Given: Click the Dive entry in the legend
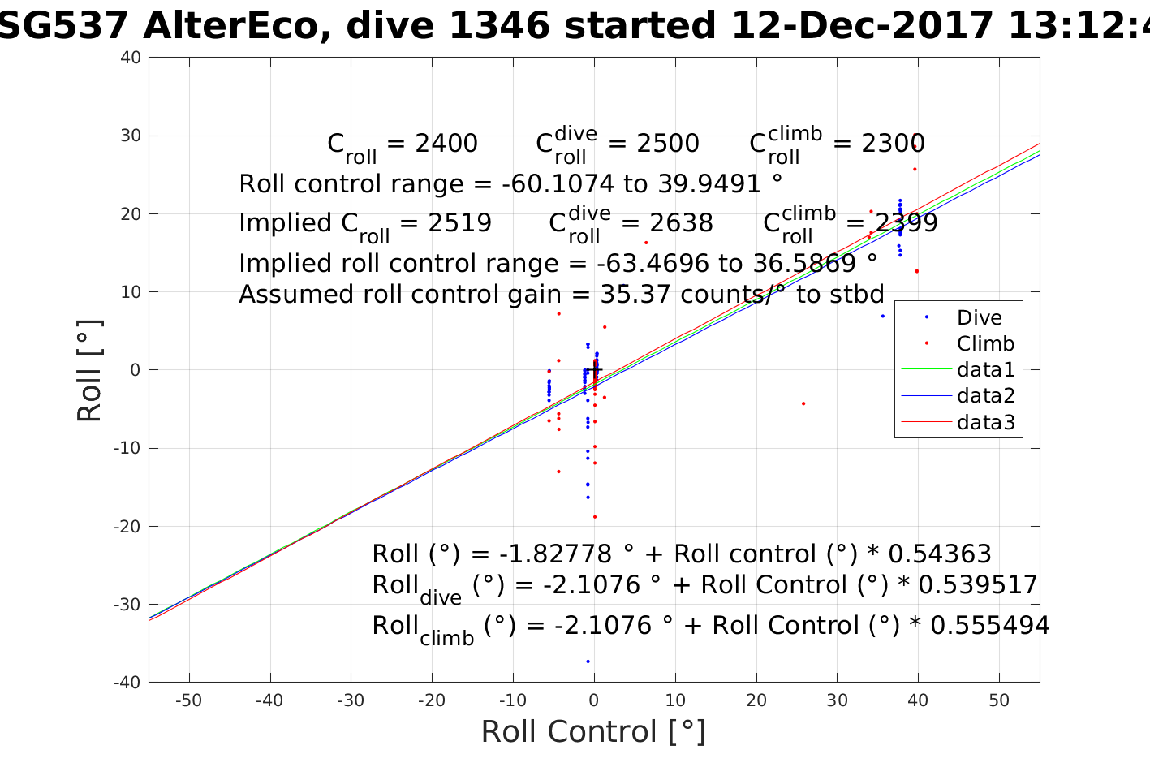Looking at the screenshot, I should [979, 318].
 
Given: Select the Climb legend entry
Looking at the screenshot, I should [985, 344].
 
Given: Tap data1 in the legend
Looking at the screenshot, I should [985, 370].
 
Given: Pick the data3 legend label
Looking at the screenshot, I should [985, 422].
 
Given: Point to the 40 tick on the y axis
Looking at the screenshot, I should [132, 58].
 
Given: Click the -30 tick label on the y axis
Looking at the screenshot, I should [127, 605].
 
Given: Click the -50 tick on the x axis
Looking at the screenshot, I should [189, 700].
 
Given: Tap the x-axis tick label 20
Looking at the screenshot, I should [756, 700].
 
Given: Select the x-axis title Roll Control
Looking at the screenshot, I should [593, 732].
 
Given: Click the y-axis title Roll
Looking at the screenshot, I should [89, 370].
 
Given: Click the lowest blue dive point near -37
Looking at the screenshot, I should [588, 661].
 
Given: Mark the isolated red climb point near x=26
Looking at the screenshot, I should [803, 403].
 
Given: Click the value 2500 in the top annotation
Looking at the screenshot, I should [667, 144].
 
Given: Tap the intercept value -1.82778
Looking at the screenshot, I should [556, 554].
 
